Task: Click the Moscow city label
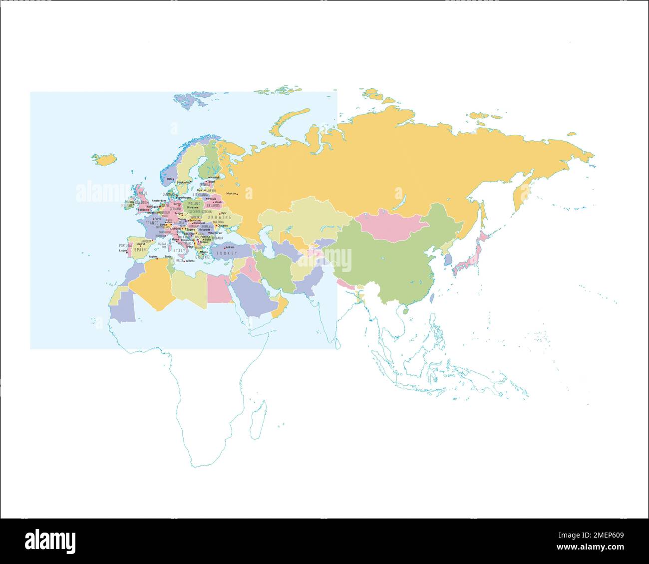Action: [x=231, y=193]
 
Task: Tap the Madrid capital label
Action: [x=140, y=244]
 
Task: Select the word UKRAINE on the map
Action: [x=220, y=218]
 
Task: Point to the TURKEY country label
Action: [x=227, y=254]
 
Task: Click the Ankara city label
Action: [x=230, y=247]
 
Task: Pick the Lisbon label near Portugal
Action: [x=123, y=251]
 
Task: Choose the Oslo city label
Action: [x=170, y=179]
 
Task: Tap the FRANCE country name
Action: [x=152, y=223]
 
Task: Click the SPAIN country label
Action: [x=140, y=249]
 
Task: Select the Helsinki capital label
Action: [x=215, y=177]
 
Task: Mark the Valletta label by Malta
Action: [x=190, y=261]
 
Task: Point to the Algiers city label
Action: [x=153, y=257]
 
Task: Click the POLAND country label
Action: [x=194, y=204]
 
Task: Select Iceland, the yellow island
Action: [x=103, y=159]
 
